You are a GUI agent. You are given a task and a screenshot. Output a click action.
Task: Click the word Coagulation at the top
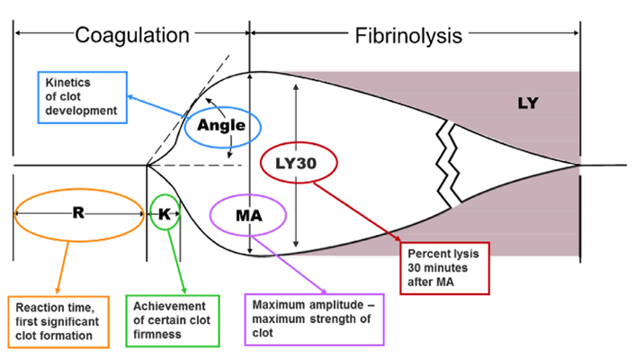click(x=132, y=35)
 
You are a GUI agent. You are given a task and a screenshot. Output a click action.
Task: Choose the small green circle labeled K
click(x=165, y=213)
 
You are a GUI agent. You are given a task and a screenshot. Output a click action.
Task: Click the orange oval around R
click(x=79, y=214)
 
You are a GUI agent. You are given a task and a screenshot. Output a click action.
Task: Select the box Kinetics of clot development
click(x=82, y=95)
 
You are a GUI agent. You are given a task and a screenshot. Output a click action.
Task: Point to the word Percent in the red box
click(x=428, y=253)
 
